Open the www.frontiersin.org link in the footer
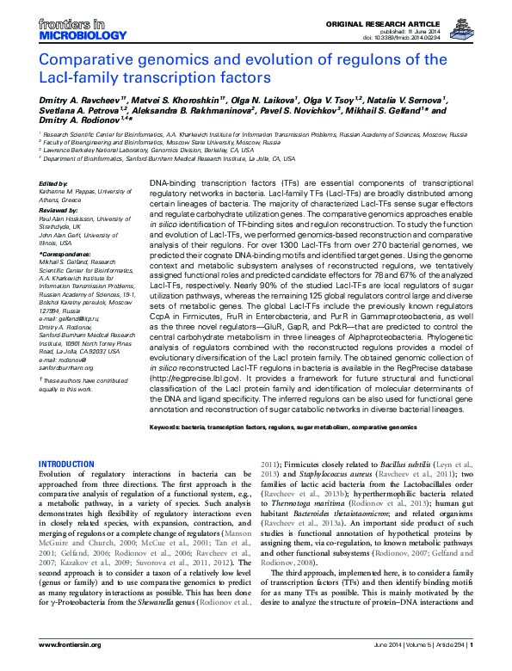pos(71,645)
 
